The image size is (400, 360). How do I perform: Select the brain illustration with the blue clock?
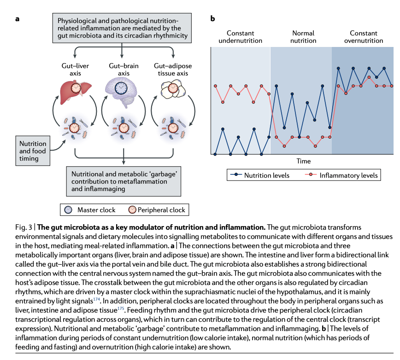(122, 87)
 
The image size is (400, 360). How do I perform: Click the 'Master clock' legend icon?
(68, 210)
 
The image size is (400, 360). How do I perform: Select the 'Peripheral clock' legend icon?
(133, 210)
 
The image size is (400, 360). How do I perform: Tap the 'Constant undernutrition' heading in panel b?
(240, 37)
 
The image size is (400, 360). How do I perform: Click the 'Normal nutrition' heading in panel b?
(303, 37)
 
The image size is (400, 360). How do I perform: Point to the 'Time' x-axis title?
(304, 162)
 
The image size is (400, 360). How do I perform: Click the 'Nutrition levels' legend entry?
(262, 175)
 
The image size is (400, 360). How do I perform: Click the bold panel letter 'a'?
(17, 19)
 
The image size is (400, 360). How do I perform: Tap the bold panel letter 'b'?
(213, 19)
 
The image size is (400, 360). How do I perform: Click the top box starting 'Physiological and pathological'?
(122, 28)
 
